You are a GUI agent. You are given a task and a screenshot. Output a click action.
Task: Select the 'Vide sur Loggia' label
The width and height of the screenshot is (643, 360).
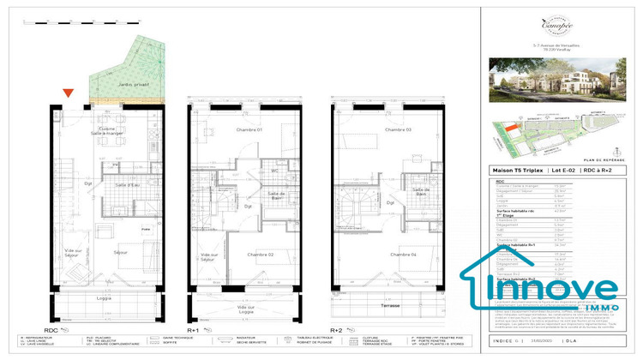click(x=246, y=309)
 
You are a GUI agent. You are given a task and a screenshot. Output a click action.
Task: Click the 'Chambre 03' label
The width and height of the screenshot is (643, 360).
click(x=397, y=129)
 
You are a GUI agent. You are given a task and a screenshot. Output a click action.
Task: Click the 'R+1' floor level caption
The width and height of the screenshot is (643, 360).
click(x=193, y=328)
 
